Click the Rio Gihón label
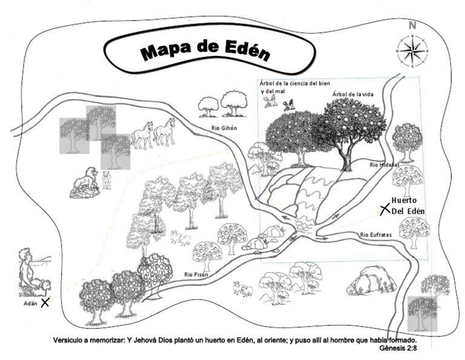tap(223, 128)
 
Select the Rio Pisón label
tap(197, 275)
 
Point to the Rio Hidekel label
tap(384, 164)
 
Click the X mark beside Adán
tap(44, 302)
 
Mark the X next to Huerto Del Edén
tap(384, 209)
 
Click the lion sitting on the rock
tap(84, 181)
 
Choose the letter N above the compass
tap(412, 25)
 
